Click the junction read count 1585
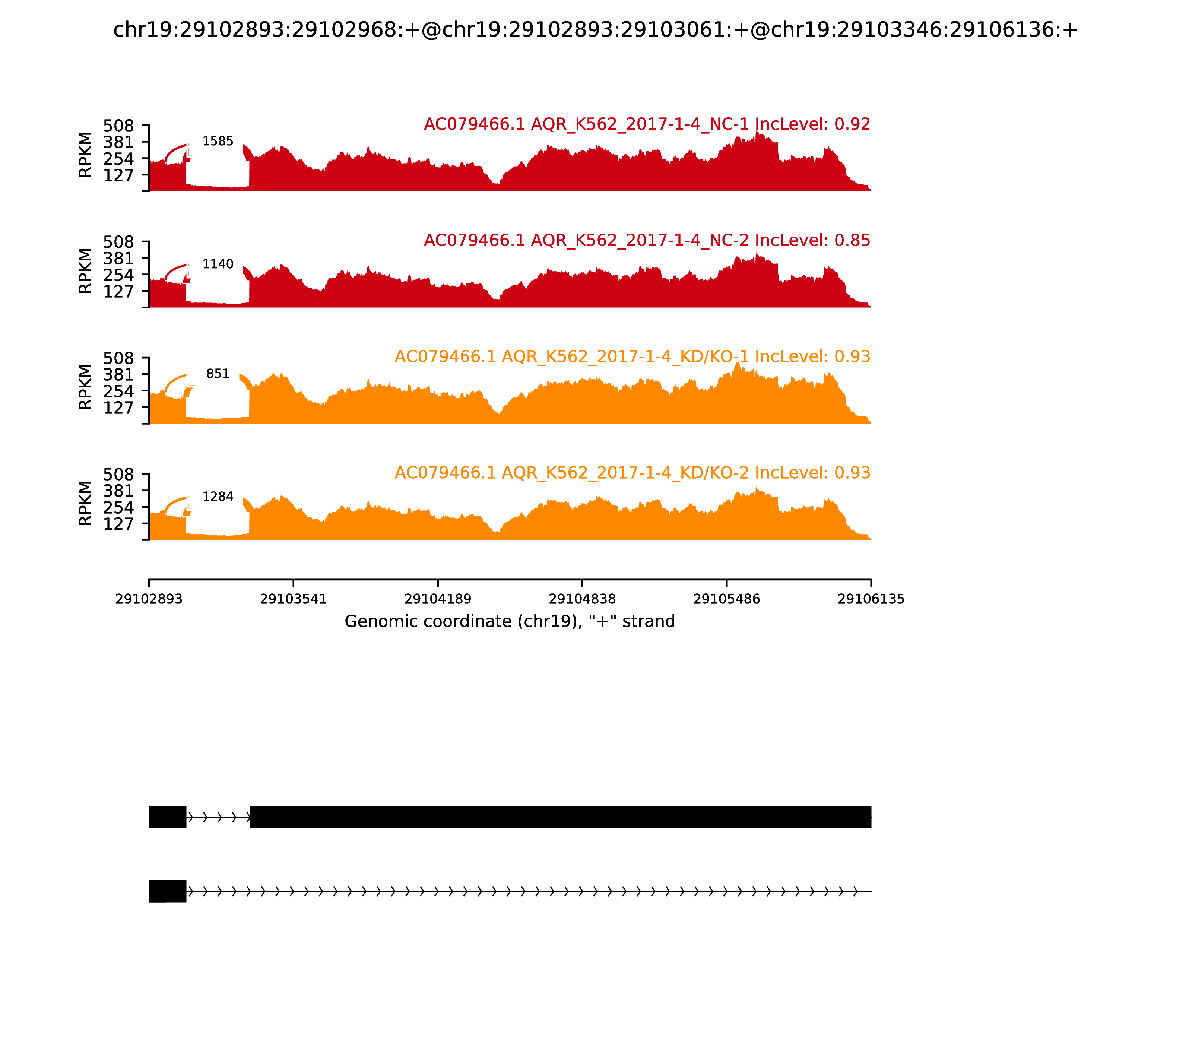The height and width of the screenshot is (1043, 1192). pyautogui.click(x=218, y=142)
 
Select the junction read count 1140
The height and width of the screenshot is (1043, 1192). pyautogui.click(x=218, y=264)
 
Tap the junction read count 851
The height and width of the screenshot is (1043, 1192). pyautogui.click(x=218, y=374)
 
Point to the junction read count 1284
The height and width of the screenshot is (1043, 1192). pyautogui.click(x=218, y=497)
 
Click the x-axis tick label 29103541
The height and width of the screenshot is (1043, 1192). pyautogui.click(x=294, y=599)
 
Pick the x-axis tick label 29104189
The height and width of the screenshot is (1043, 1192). pyautogui.click(x=438, y=599)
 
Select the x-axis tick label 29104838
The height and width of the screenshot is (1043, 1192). pyautogui.click(x=582, y=599)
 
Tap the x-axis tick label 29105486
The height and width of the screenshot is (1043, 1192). pyautogui.click(x=726, y=599)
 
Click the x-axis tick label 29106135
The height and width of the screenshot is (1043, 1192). pyautogui.click(x=871, y=599)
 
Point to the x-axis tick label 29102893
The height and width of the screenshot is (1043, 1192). pyautogui.click(x=149, y=599)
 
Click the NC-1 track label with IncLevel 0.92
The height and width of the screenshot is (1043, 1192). pyautogui.click(x=647, y=124)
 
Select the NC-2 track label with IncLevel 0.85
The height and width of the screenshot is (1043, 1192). pyautogui.click(x=647, y=240)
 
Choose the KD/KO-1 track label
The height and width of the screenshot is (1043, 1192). pyautogui.click(x=632, y=357)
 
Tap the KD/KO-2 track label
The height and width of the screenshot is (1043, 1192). pyautogui.click(x=632, y=473)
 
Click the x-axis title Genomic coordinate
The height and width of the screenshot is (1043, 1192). pyautogui.click(x=510, y=622)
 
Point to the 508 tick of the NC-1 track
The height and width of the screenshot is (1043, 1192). pyautogui.click(x=119, y=126)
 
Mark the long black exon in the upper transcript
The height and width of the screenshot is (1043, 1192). pyautogui.click(x=560, y=817)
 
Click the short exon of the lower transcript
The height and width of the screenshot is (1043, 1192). pyautogui.click(x=168, y=891)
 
